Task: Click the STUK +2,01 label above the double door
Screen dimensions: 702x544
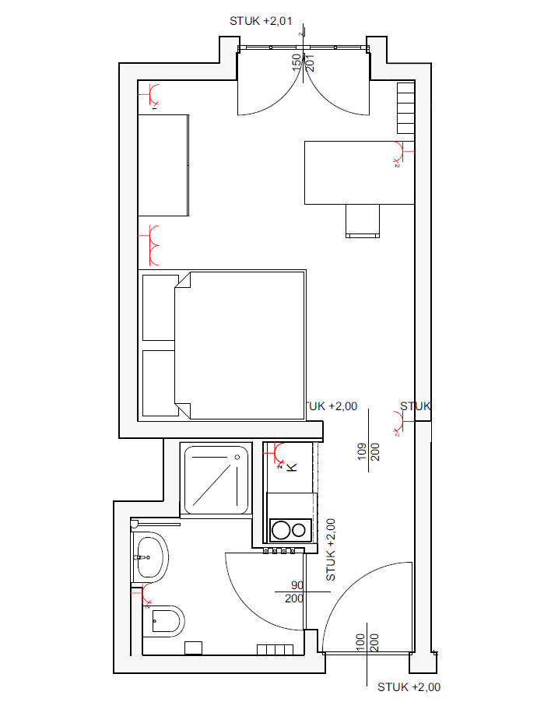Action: tap(260, 21)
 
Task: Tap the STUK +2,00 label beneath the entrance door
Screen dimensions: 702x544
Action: tap(409, 686)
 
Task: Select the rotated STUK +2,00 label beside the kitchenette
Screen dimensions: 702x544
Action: tap(330, 550)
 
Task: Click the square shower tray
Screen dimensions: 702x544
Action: tap(216, 479)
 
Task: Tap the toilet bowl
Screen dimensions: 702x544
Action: tap(166, 621)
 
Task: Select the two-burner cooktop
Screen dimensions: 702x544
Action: tap(289, 530)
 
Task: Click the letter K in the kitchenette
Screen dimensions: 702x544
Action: tap(293, 467)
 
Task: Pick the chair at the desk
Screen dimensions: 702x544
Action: tap(363, 220)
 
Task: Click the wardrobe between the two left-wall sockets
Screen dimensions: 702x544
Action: tap(163, 164)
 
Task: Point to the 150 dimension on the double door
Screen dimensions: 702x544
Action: tap(297, 62)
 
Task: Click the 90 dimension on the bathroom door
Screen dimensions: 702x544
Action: tap(297, 585)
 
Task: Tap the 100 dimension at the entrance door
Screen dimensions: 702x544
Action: tap(360, 643)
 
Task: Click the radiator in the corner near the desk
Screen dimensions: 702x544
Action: tap(406, 108)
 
